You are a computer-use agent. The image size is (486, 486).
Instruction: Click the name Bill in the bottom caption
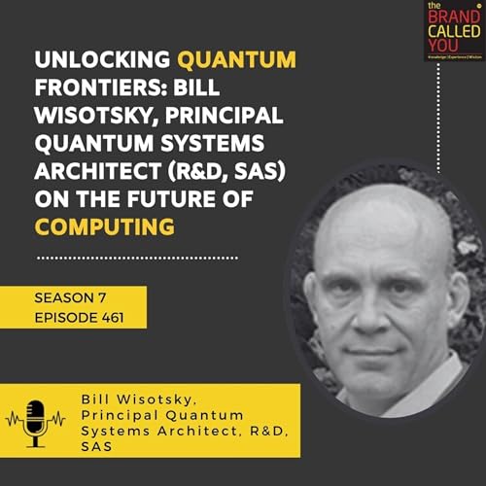click(x=98, y=399)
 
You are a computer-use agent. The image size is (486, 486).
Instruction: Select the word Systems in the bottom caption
click(x=115, y=430)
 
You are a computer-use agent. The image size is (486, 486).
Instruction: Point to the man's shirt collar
click(x=437, y=384)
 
